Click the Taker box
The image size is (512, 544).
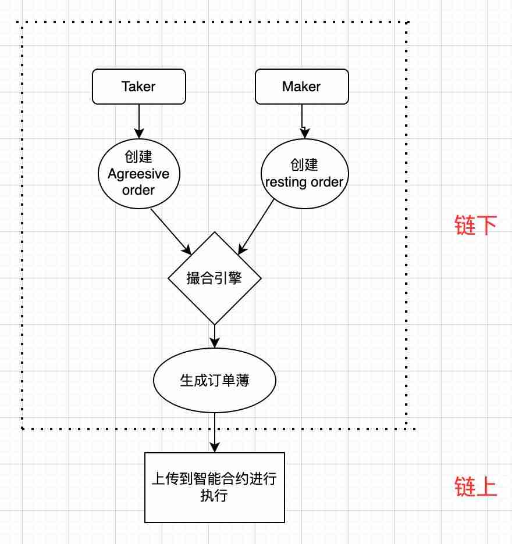pyautogui.click(x=139, y=87)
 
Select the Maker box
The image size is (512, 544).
pyautogui.click(x=301, y=87)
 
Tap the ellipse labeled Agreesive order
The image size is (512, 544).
pyautogui.click(x=138, y=174)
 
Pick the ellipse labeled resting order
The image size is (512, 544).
pyautogui.click(x=304, y=174)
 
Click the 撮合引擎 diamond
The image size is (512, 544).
pyautogui.click(x=214, y=278)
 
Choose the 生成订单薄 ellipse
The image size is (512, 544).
pyautogui.click(x=214, y=380)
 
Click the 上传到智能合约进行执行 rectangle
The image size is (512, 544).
pyautogui.click(x=214, y=487)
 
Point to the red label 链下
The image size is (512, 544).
pyautogui.click(x=475, y=225)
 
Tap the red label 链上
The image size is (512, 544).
pyautogui.click(x=475, y=487)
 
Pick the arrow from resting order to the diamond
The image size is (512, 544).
pyautogui.click(x=257, y=227)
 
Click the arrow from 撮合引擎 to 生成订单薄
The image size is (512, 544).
pyautogui.click(x=215, y=335)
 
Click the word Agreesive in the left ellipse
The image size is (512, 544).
pyautogui.click(x=138, y=174)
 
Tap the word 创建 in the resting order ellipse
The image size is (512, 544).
pyautogui.click(x=304, y=164)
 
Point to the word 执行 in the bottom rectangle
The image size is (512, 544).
pyautogui.click(x=214, y=496)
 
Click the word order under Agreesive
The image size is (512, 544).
pyautogui.click(x=138, y=189)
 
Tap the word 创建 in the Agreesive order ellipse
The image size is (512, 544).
pyautogui.click(x=138, y=158)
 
